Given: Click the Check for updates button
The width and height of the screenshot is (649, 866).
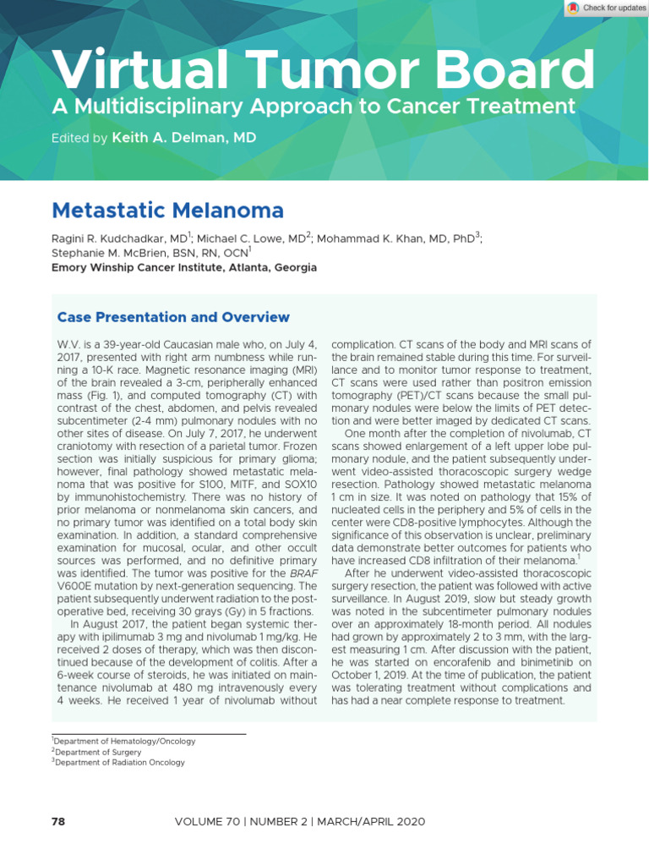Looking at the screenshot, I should (x=607, y=8).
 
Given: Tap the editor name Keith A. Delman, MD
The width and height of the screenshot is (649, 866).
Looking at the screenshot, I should (x=183, y=136).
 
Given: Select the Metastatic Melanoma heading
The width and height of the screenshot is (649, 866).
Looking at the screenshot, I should (x=167, y=210).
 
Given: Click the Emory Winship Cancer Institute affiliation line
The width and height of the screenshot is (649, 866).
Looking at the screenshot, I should (x=184, y=267).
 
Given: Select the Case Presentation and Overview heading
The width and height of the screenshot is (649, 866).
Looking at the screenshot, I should (x=172, y=317).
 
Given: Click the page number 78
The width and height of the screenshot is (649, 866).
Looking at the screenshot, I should (x=58, y=821).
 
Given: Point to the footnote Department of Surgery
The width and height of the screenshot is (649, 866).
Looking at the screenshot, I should (x=98, y=751).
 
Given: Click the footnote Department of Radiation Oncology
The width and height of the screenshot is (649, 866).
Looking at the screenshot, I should (x=120, y=762).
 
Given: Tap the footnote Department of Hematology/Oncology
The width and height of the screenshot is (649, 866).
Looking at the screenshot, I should (x=125, y=741).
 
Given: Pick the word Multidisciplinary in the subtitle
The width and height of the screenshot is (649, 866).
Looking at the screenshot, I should (x=150, y=107).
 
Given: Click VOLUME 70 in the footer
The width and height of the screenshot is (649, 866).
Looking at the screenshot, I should (x=208, y=821).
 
